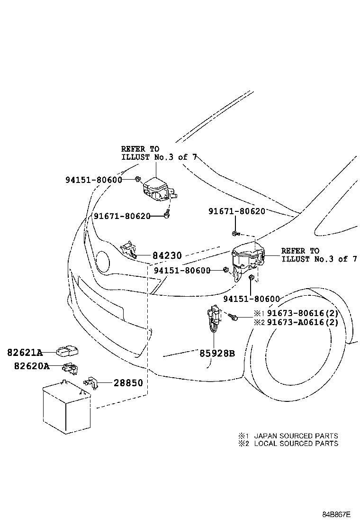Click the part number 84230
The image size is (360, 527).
167,255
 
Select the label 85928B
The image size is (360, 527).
216,354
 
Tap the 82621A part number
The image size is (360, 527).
25,353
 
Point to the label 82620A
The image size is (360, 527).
31,366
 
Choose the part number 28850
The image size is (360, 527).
127,382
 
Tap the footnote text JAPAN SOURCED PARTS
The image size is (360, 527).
296,436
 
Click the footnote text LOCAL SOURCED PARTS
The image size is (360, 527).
296,444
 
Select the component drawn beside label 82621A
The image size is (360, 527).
67,351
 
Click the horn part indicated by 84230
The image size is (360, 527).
128,250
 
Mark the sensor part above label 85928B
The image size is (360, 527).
213,318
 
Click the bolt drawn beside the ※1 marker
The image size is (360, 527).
234,317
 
